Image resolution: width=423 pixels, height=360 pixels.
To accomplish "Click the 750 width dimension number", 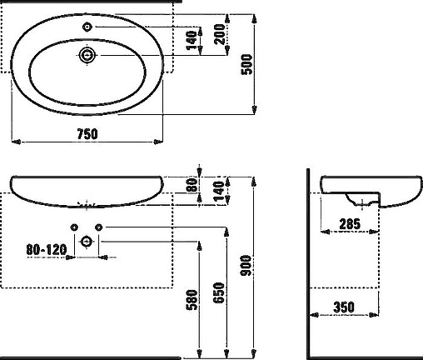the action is [x=87, y=134].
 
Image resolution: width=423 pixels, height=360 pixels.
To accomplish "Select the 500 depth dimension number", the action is [x=246, y=64].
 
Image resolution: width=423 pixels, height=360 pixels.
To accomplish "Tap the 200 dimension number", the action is [x=220, y=34].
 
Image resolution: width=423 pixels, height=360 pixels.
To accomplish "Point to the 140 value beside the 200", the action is [x=192, y=41].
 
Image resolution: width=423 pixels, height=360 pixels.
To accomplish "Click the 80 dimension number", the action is [x=192, y=185].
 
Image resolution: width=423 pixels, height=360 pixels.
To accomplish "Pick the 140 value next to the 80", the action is [x=219, y=192].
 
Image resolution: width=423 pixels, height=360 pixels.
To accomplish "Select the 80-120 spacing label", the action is [x=47, y=249].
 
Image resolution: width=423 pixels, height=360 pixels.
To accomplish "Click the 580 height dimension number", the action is [x=192, y=300].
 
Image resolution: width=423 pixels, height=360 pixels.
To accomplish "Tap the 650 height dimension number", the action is [x=219, y=292].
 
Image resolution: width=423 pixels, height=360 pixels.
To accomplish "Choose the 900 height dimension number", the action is [x=246, y=266].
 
